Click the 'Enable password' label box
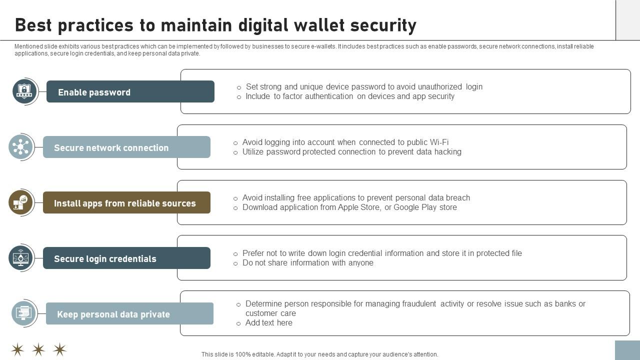coord(130,92)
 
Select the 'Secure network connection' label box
coord(126,147)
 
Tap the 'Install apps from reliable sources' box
coord(126,203)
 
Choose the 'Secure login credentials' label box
coord(126,258)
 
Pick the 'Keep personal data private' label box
coord(129,314)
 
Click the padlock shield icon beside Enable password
coord(24,91)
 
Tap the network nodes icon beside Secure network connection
coord(21,147)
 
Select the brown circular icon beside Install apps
coord(21,202)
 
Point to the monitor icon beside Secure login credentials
coord(21,258)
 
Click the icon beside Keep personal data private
coord(24,313)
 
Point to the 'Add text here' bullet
coord(269,323)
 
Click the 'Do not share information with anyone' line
coord(307,263)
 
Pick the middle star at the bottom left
coord(38,349)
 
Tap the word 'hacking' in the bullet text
coord(446,152)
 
